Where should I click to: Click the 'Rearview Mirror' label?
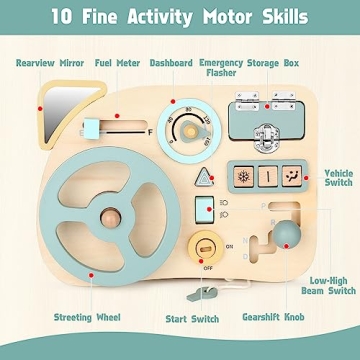[48, 62]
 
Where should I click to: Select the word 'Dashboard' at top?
[171, 62]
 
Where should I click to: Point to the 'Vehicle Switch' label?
[338, 179]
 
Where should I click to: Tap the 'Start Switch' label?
[193, 318]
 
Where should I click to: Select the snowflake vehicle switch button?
[245, 176]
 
